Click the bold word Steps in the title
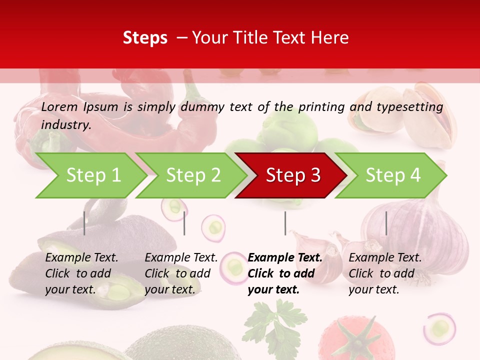click(145, 38)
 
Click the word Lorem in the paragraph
click(59, 106)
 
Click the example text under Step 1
click(81, 273)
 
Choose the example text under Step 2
click(181, 273)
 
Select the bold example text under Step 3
click(285, 273)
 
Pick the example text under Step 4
click(385, 273)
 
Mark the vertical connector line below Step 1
click(84, 223)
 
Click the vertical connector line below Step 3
click(285, 223)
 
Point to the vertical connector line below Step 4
click(386, 223)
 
